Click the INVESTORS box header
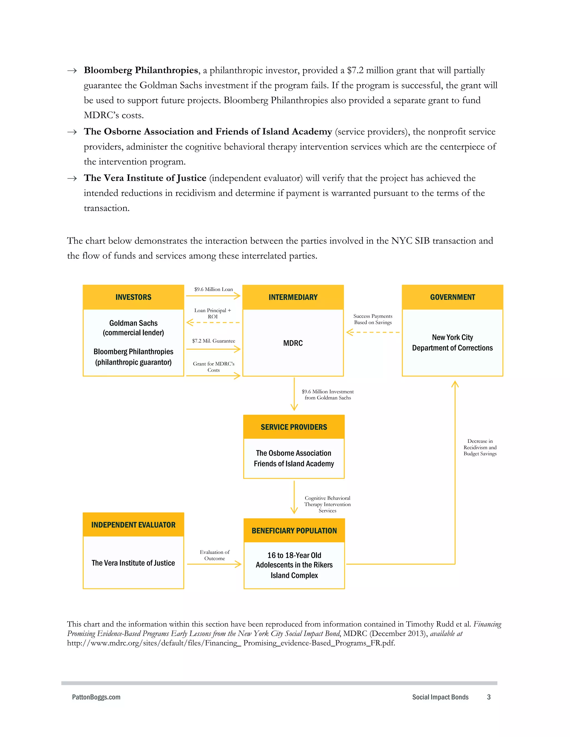[x=133, y=297]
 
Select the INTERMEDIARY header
[x=293, y=297]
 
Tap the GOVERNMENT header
[x=452, y=297]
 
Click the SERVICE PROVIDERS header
[x=294, y=427]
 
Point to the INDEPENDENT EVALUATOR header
[x=133, y=525]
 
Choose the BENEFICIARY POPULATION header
[x=294, y=530]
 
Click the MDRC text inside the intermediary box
[x=293, y=343]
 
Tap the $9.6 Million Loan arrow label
[x=213, y=289]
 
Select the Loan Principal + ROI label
[x=213, y=313]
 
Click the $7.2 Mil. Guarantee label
[x=213, y=341]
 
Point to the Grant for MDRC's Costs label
[x=213, y=367]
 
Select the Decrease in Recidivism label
[x=480, y=447]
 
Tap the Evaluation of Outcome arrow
[x=214, y=564]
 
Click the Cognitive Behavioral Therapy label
[x=327, y=504]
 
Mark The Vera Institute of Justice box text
[x=133, y=563]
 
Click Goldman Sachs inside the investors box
[x=133, y=323]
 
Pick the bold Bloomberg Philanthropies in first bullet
[x=141, y=70]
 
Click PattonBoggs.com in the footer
[x=96, y=697]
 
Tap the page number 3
[x=489, y=697]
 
